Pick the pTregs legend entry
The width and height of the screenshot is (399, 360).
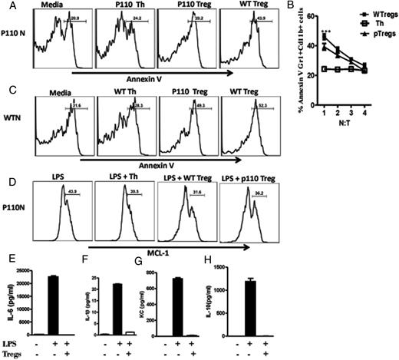367,31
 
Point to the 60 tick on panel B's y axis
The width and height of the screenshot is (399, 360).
315,15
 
